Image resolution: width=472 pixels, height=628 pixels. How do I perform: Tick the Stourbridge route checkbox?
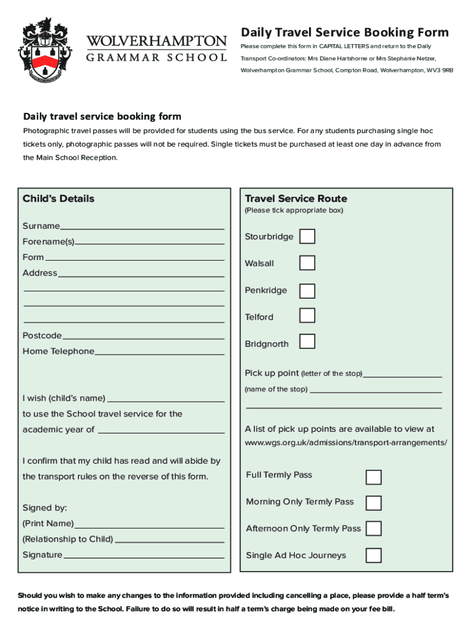pyautogui.click(x=307, y=236)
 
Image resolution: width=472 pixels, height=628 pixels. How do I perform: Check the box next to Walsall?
pyautogui.click(x=307, y=262)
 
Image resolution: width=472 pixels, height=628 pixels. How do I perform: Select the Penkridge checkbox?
pyautogui.click(x=307, y=290)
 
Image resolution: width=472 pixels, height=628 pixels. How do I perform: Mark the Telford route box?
pyautogui.click(x=307, y=316)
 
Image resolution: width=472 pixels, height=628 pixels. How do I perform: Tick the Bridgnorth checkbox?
pyautogui.click(x=307, y=342)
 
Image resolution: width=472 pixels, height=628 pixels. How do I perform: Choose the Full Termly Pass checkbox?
pyautogui.click(x=373, y=477)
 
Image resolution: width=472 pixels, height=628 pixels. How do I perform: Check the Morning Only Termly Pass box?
pyautogui.click(x=373, y=503)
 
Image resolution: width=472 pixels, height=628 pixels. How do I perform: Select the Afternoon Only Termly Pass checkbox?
pyautogui.click(x=373, y=529)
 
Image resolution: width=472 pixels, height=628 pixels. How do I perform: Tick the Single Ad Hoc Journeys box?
pyautogui.click(x=373, y=556)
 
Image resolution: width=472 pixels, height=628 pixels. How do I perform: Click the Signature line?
pyautogui.click(x=143, y=556)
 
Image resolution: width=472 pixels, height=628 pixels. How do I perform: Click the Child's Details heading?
pyautogui.click(x=59, y=199)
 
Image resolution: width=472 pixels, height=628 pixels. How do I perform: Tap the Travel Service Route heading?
pyautogui.click(x=296, y=199)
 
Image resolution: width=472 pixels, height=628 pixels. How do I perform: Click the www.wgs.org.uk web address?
pyautogui.click(x=346, y=443)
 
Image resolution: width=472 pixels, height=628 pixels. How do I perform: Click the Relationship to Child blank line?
pyautogui.click(x=169, y=540)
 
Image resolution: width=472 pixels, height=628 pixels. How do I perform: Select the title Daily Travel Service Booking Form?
pyautogui.click(x=344, y=33)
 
